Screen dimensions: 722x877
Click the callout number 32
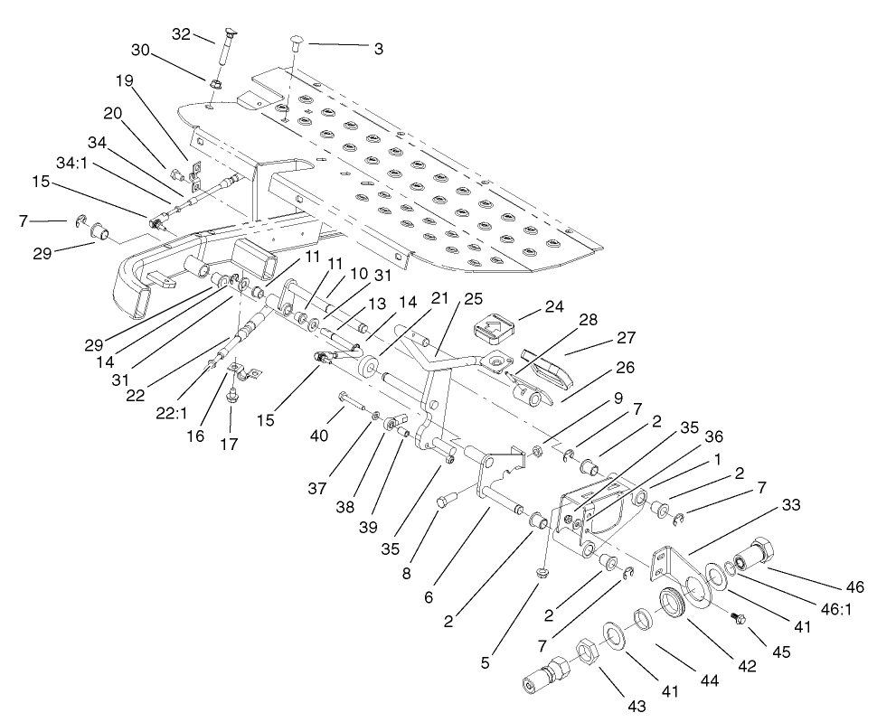181,33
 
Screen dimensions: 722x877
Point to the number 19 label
124,80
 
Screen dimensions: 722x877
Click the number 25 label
474,298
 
